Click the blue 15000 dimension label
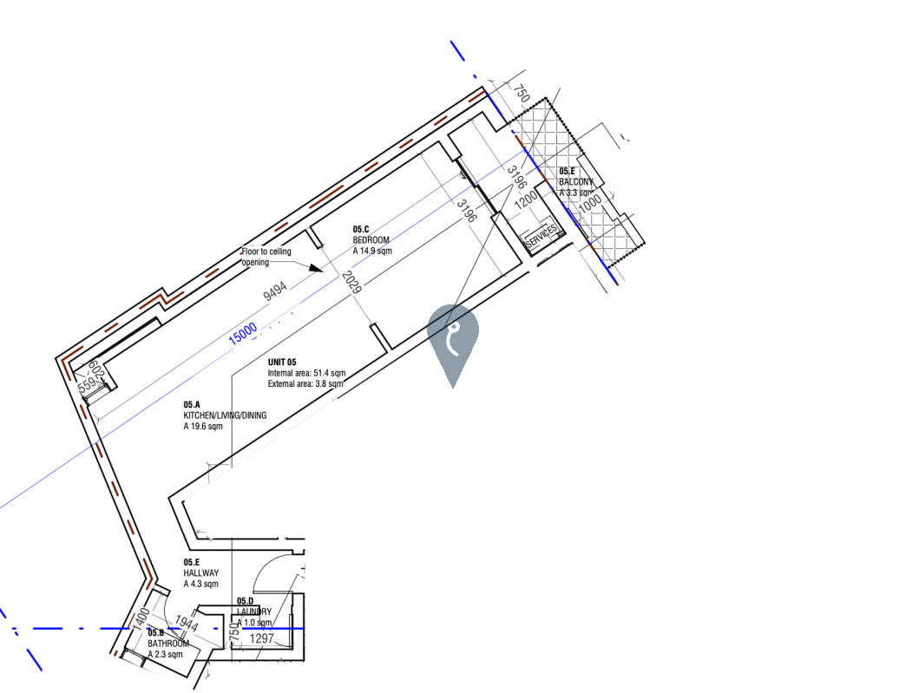[243, 333]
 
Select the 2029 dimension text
[351, 282]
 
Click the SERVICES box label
[542, 236]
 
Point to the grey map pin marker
[452, 338]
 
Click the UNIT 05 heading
[282, 362]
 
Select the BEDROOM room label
[371, 239]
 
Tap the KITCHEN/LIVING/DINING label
[224, 415]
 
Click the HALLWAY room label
[200, 573]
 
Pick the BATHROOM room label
[167, 644]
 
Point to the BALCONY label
[576, 182]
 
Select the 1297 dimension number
[262, 639]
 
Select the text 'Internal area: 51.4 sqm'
[305, 373]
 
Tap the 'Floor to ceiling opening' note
[266, 257]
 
